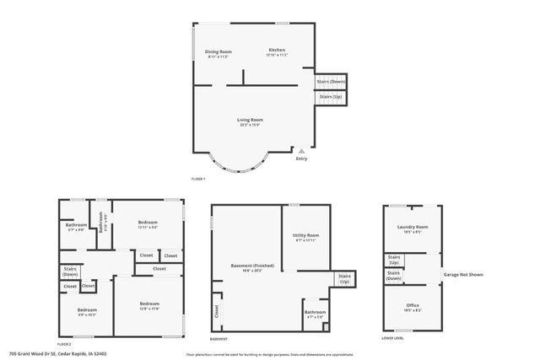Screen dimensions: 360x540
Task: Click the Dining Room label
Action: (x=218, y=51)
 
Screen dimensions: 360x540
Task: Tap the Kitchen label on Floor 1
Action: (x=277, y=51)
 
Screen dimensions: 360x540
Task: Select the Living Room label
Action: (x=251, y=120)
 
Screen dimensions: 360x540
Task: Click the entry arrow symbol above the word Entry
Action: (x=301, y=150)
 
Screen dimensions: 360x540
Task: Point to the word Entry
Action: (x=302, y=158)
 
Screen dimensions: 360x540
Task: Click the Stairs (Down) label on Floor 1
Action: (x=330, y=82)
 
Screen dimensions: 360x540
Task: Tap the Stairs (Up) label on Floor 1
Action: (x=329, y=97)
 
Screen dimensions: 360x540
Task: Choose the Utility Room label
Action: (x=305, y=235)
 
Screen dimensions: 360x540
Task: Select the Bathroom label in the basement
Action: (x=315, y=312)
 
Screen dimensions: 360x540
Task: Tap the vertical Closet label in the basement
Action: (x=217, y=312)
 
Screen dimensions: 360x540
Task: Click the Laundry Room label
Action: (x=413, y=226)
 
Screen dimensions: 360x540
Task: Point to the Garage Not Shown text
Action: (x=463, y=275)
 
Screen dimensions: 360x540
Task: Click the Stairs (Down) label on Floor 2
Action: (x=70, y=271)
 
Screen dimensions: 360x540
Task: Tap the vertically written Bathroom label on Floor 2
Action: (x=101, y=227)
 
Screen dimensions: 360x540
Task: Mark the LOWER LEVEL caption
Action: (x=392, y=338)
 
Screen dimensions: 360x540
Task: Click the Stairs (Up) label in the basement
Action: (x=344, y=279)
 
